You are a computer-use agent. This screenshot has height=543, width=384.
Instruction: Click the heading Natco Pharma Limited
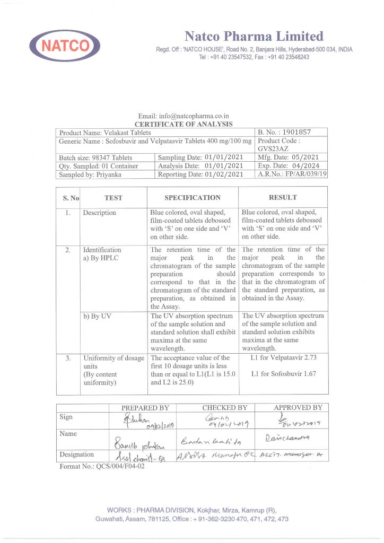tap(254, 37)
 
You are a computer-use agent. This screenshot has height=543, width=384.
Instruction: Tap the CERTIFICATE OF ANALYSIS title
tap(183, 124)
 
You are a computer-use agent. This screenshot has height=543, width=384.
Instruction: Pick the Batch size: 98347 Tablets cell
tap(96, 157)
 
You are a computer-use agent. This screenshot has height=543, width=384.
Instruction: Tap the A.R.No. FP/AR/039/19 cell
tap(292, 174)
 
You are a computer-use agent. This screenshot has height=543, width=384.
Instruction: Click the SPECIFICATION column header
tap(192, 198)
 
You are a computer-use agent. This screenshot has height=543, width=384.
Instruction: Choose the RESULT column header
tap(283, 198)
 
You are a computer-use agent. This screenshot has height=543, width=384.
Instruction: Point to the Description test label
tap(99, 213)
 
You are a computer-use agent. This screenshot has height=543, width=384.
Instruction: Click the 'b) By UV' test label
tap(95, 316)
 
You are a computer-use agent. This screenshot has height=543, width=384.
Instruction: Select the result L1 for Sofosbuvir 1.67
tap(283, 374)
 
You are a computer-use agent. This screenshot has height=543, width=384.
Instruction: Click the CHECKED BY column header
tap(224, 408)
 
